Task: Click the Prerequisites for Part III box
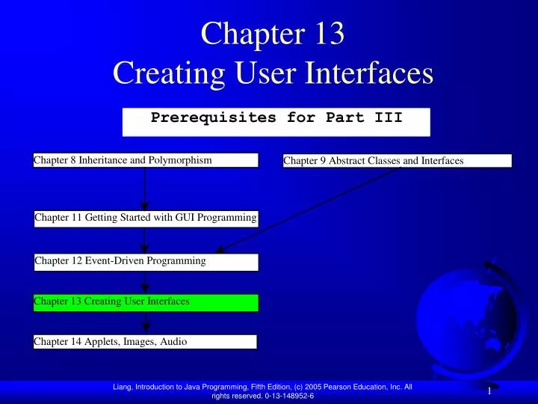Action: click(276, 121)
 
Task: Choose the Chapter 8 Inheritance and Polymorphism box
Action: click(146, 160)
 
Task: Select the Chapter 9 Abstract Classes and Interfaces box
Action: click(397, 160)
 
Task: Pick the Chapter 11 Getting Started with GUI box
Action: click(146, 218)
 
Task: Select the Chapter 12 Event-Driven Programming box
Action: click(146, 261)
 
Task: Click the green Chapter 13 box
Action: click(146, 302)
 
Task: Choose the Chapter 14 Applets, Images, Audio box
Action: click(145, 342)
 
